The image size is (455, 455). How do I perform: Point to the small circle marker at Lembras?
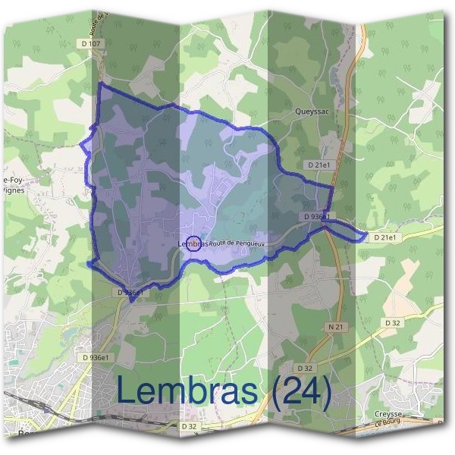[194, 243]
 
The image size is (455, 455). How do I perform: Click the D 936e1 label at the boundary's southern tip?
[131, 291]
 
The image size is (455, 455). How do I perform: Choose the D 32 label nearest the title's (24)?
[305, 368]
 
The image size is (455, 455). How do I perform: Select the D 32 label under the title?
[190, 427]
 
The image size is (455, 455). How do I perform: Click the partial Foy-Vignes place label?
[15, 186]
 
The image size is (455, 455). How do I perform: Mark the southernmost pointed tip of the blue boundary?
[132, 301]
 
